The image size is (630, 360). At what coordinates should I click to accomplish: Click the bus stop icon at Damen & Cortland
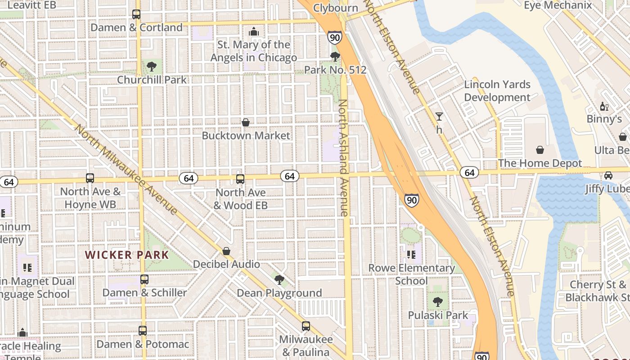(x=136, y=14)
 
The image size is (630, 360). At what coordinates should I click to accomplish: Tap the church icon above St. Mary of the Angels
(x=254, y=31)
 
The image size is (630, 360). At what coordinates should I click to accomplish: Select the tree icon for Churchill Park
(x=152, y=67)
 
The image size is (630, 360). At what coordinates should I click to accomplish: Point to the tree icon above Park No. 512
(x=335, y=57)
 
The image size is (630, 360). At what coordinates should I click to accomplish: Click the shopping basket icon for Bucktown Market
(x=246, y=122)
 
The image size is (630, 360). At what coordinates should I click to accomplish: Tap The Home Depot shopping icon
(x=540, y=150)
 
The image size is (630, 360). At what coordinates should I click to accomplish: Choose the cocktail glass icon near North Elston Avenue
(x=439, y=117)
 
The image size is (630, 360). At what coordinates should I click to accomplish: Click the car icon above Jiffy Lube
(x=608, y=175)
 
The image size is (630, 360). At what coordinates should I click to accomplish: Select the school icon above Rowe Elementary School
(x=411, y=255)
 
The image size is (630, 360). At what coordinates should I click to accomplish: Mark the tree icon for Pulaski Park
(x=437, y=302)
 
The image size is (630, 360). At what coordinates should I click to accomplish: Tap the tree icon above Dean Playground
(x=279, y=280)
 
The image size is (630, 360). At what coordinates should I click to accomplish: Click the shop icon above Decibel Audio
(x=227, y=251)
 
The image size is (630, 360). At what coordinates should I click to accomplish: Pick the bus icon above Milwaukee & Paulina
(x=306, y=326)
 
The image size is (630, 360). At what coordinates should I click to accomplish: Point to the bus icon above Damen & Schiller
(x=144, y=279)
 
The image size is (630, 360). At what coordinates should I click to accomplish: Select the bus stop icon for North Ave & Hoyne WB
(x=90, y=178)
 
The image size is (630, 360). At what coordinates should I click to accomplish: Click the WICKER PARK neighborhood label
(x=127, y=255)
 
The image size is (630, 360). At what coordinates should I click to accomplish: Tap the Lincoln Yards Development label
(x=497, y=91)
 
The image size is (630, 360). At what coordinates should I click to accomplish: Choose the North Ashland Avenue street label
(x=343, y=157)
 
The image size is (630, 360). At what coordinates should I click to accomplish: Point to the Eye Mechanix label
(x=558, y=5)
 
